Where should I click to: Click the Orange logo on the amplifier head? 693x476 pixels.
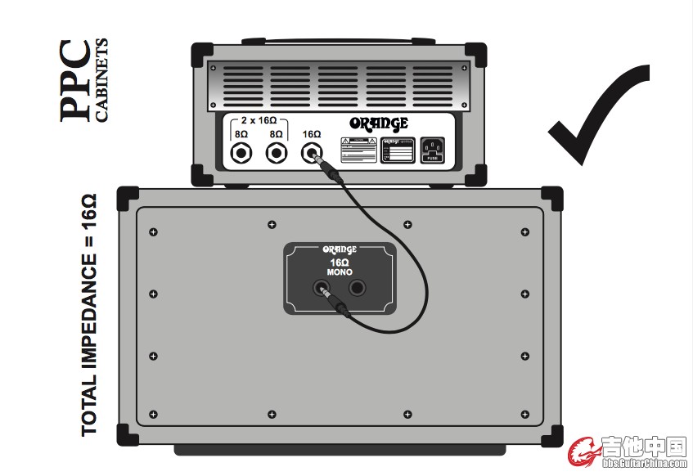point(379,124)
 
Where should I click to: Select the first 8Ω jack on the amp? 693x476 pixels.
point(241,152)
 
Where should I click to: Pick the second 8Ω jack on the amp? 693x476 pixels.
point(276,152)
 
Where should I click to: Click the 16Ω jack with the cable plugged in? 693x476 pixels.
point(311,152)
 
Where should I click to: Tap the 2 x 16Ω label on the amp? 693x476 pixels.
point(259,119)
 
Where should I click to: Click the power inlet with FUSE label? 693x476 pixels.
point(432,150)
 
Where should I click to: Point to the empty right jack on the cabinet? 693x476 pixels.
point(358,288)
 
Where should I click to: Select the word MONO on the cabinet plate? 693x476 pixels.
point(339,271)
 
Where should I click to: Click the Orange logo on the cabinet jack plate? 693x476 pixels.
point(339,249)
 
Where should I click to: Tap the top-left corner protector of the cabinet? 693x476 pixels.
point(129,199)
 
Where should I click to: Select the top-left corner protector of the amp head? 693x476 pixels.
point(201,54)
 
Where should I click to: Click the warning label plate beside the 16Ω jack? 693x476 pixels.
point(358,150)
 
